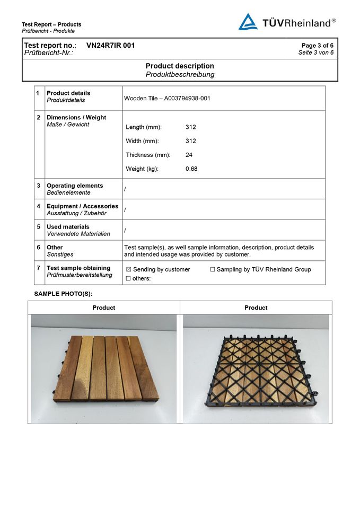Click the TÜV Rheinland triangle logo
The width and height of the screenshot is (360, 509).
click(248, 22)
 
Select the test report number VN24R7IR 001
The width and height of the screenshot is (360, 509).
click(110, 46)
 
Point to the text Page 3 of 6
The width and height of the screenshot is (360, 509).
click(317, 46)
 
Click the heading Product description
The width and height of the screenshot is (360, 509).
click(180, 66)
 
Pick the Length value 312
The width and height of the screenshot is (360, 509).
click(191, 127)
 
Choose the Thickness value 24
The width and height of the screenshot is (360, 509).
click(189, 155)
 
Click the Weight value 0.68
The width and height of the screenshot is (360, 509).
click(191, 169)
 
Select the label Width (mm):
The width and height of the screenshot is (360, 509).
click(142, 141)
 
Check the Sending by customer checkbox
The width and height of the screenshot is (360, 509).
click(128, 269)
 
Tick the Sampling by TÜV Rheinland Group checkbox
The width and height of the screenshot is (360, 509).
click(213, 269)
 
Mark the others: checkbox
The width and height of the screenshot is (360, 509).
click(128, 278)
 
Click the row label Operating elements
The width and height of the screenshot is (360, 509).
click(75, 186)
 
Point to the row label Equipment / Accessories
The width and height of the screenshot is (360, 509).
click(82, 206)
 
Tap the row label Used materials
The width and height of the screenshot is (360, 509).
click(68, 227)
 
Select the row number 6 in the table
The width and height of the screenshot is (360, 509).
click(39, 248)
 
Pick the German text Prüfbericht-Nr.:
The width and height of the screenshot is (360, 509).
click(49, 53)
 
